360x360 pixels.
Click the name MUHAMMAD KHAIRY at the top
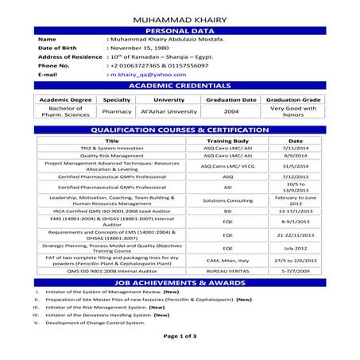pyautogui.click(x=179, y=17)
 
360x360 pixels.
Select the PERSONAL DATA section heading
pyautogui.click(x=179, y=29)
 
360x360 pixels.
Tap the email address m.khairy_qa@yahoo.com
pyautogui.click(x=144, y=73)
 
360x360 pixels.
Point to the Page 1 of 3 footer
pyautogui.click(x=180, y=337)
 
